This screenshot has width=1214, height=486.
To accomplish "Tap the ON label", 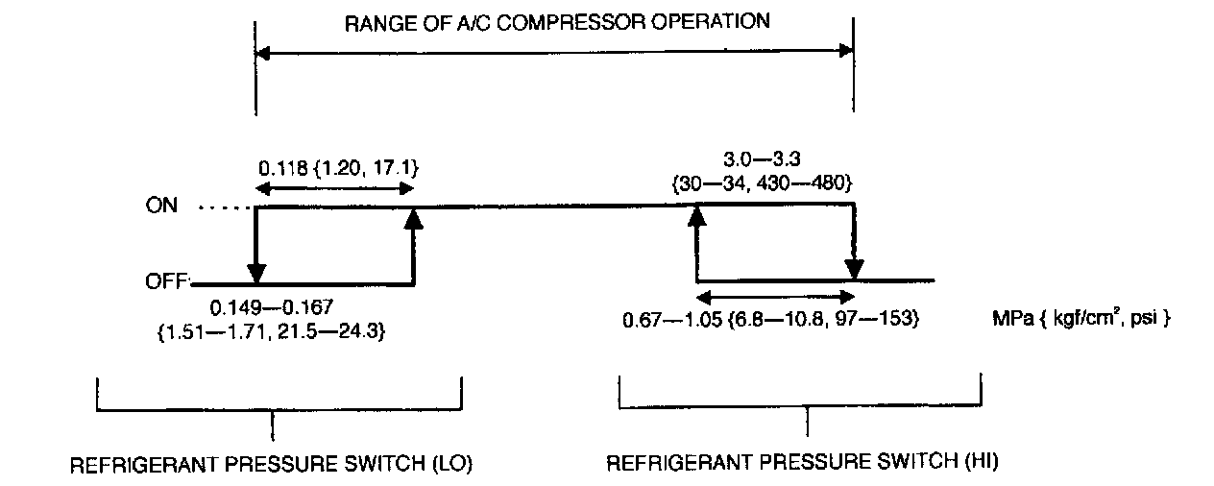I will [161, 207].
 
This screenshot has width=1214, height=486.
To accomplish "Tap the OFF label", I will [166, 282].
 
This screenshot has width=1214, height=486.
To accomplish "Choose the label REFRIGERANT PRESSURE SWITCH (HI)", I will [803, 463].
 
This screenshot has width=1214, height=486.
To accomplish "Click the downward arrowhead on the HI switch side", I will [854, 269].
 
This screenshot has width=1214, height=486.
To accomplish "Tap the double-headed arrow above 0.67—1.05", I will [774, 297].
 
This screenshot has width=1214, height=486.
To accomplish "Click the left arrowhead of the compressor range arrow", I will [262, 54].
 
